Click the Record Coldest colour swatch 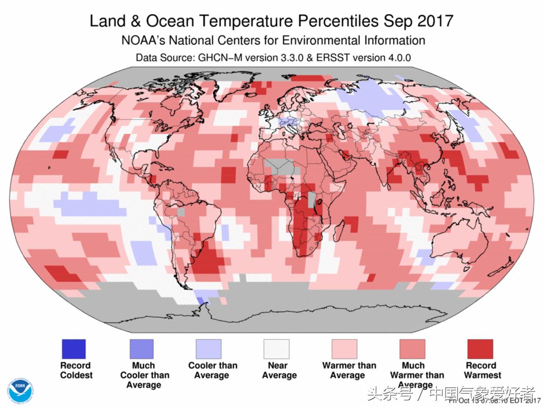click(73, 349)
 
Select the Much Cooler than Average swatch click(141, 349)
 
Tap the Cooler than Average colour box click(208, 349)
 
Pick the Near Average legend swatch click(277, 349)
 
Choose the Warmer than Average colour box click(344, 349)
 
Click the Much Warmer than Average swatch click(412, 349)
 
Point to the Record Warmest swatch click(480, 349)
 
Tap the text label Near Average click(279, 370)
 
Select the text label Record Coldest click(76, 370)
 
